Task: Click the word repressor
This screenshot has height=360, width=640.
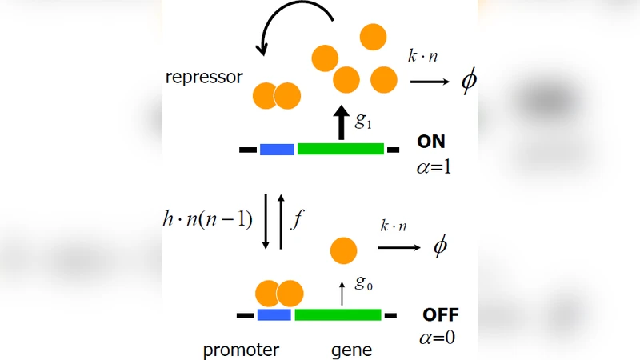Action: [x=203, y=78]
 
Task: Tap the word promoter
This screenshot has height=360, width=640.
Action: [x=240, y=350]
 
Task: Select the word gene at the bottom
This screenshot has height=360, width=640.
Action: [x=352, y=350]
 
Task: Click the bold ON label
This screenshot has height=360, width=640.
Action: [x=431, y=142]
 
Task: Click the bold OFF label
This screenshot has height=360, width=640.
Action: [x=440, y=314]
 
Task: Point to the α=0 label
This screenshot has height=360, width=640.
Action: [x=437, y=338]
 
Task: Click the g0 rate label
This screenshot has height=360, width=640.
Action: [x=364, y=283]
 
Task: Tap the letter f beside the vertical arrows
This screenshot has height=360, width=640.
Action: [x=296, y=219]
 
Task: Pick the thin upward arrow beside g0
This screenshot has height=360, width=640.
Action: [x=342, y=292]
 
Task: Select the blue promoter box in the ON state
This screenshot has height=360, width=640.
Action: [x=277, y=149]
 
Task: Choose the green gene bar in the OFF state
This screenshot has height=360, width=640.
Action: [x=338, y=315]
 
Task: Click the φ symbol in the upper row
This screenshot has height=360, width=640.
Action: [x=468, y=82]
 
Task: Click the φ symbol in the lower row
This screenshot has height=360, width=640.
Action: [x=440, y=246]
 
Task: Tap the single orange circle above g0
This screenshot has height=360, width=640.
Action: [x=343, y=251]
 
